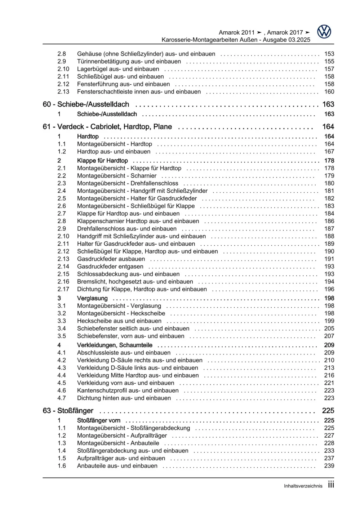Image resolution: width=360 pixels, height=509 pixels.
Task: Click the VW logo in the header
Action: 324,32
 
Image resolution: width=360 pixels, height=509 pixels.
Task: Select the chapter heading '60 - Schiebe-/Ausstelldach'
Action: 86,104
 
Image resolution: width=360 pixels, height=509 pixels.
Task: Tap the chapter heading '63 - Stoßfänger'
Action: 68,411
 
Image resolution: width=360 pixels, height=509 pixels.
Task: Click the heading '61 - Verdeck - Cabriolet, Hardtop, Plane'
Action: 107,127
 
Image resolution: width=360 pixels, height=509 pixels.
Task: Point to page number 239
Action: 329,466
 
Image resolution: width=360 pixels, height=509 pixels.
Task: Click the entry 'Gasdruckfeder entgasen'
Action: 110,267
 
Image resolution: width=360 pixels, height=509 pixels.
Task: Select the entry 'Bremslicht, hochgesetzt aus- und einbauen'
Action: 135,282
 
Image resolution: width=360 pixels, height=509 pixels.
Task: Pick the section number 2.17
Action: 63,289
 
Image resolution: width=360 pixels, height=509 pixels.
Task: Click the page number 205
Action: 329,329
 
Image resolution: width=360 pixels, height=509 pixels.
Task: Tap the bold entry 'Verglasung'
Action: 92,298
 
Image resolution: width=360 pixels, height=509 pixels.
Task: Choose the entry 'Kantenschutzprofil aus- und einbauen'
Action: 128,390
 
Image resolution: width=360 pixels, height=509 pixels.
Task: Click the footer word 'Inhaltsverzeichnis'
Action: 303,486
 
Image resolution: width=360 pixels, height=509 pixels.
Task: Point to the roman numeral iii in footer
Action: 331,485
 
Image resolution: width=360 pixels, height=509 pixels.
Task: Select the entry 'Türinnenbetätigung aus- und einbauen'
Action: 129,62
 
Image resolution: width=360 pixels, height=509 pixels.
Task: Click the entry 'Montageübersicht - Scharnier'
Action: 117,176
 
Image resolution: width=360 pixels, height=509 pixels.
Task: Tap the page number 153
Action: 329,54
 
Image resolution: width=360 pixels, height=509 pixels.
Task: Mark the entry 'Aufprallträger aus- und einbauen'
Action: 121,458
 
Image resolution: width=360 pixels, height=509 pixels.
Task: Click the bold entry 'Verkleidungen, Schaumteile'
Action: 115,345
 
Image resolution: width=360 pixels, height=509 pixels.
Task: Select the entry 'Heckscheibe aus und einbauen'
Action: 119,321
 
